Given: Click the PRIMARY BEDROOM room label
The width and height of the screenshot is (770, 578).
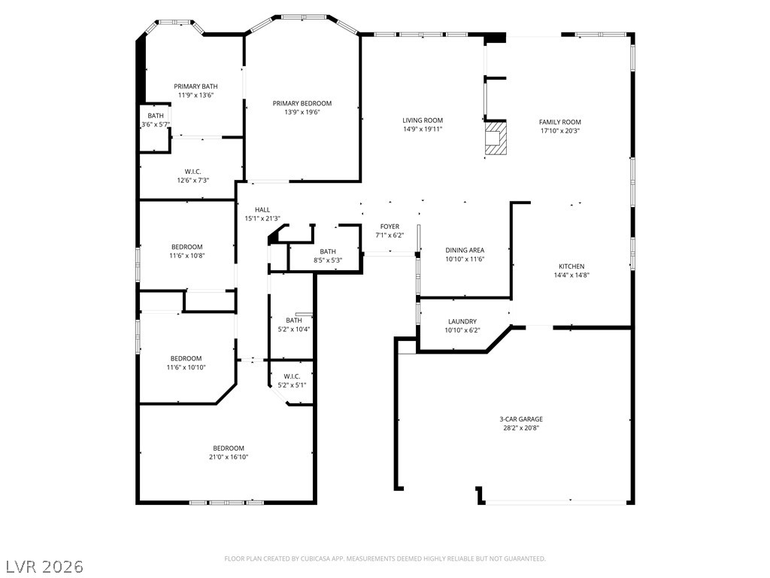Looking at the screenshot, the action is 302,103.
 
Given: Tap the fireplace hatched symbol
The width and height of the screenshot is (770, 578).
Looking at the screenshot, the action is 496,139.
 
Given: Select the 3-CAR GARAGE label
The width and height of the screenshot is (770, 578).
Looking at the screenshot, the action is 521,419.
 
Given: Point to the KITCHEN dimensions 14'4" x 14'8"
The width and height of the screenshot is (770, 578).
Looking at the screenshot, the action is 571,275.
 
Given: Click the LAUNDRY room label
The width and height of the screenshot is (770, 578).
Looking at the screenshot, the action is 462,321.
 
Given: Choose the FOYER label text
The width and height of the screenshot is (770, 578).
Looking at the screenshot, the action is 390,227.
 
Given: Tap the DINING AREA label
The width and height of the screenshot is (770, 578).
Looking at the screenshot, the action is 465,250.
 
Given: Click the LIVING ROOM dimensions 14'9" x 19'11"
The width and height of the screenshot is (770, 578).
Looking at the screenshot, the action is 423,129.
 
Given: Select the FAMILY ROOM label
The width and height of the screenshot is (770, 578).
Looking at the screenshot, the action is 559,122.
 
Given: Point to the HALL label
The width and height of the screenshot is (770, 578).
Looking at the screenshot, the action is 262,210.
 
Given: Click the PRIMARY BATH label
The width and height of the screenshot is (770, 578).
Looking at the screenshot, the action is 196,87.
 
